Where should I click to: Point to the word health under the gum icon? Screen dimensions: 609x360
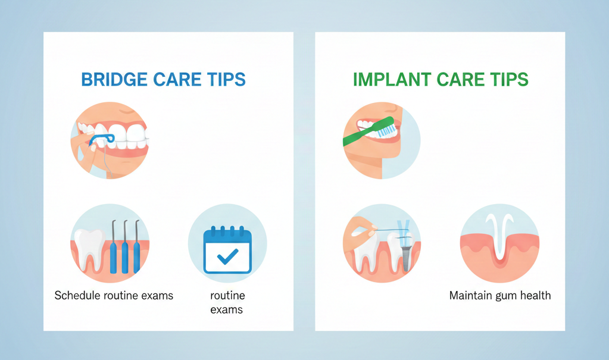tap(536, 296)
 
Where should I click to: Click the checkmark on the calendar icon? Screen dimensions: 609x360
tap(227, 256)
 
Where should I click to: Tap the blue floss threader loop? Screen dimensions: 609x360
tap(102, 139)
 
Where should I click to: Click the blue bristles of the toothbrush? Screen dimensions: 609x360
tap(386, 130)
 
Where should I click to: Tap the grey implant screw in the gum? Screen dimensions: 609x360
tap(406, 258)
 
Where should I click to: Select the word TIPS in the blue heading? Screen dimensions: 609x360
tap(226, 79)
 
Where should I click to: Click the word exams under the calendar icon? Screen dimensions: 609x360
tap(226, 309)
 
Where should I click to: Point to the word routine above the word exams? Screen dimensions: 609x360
tap(227, 296)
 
